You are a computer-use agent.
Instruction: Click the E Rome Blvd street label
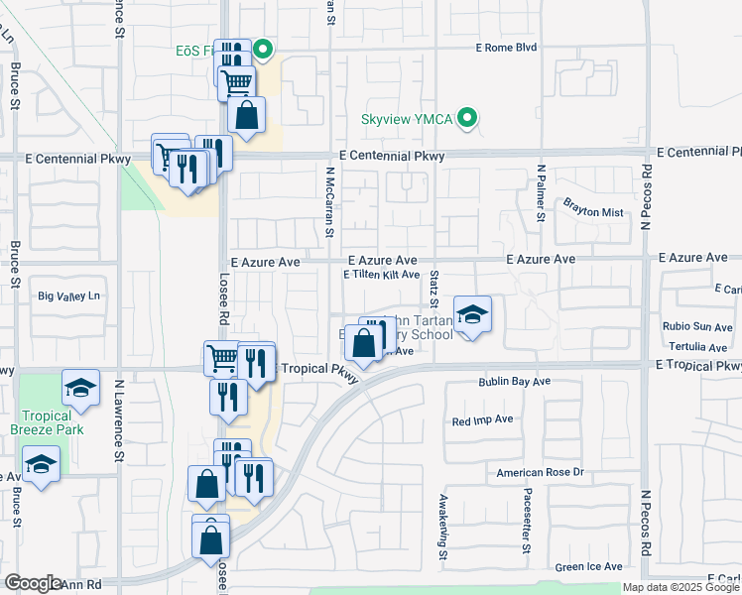click(506, 48)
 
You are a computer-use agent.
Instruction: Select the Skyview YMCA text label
click(406, 120)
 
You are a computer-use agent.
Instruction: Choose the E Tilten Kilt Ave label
click(382, 276)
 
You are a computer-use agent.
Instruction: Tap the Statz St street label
click(434, 293)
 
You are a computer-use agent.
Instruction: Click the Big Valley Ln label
click(69, 297)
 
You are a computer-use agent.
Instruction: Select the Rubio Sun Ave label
click(697, 326)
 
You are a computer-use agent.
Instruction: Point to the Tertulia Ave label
click(696, 347)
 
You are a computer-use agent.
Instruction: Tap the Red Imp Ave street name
click(482, 420)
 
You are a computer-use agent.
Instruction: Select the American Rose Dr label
click(541, 473)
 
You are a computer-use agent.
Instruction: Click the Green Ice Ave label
click(589, 567)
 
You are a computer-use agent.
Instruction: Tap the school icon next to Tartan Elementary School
click(473, 315)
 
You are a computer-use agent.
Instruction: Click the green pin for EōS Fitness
click(263, 49)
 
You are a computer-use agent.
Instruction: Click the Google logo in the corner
click(33, 583)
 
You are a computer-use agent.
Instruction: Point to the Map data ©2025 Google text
click(680, 588)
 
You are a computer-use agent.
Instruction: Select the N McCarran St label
click(328, 201)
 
